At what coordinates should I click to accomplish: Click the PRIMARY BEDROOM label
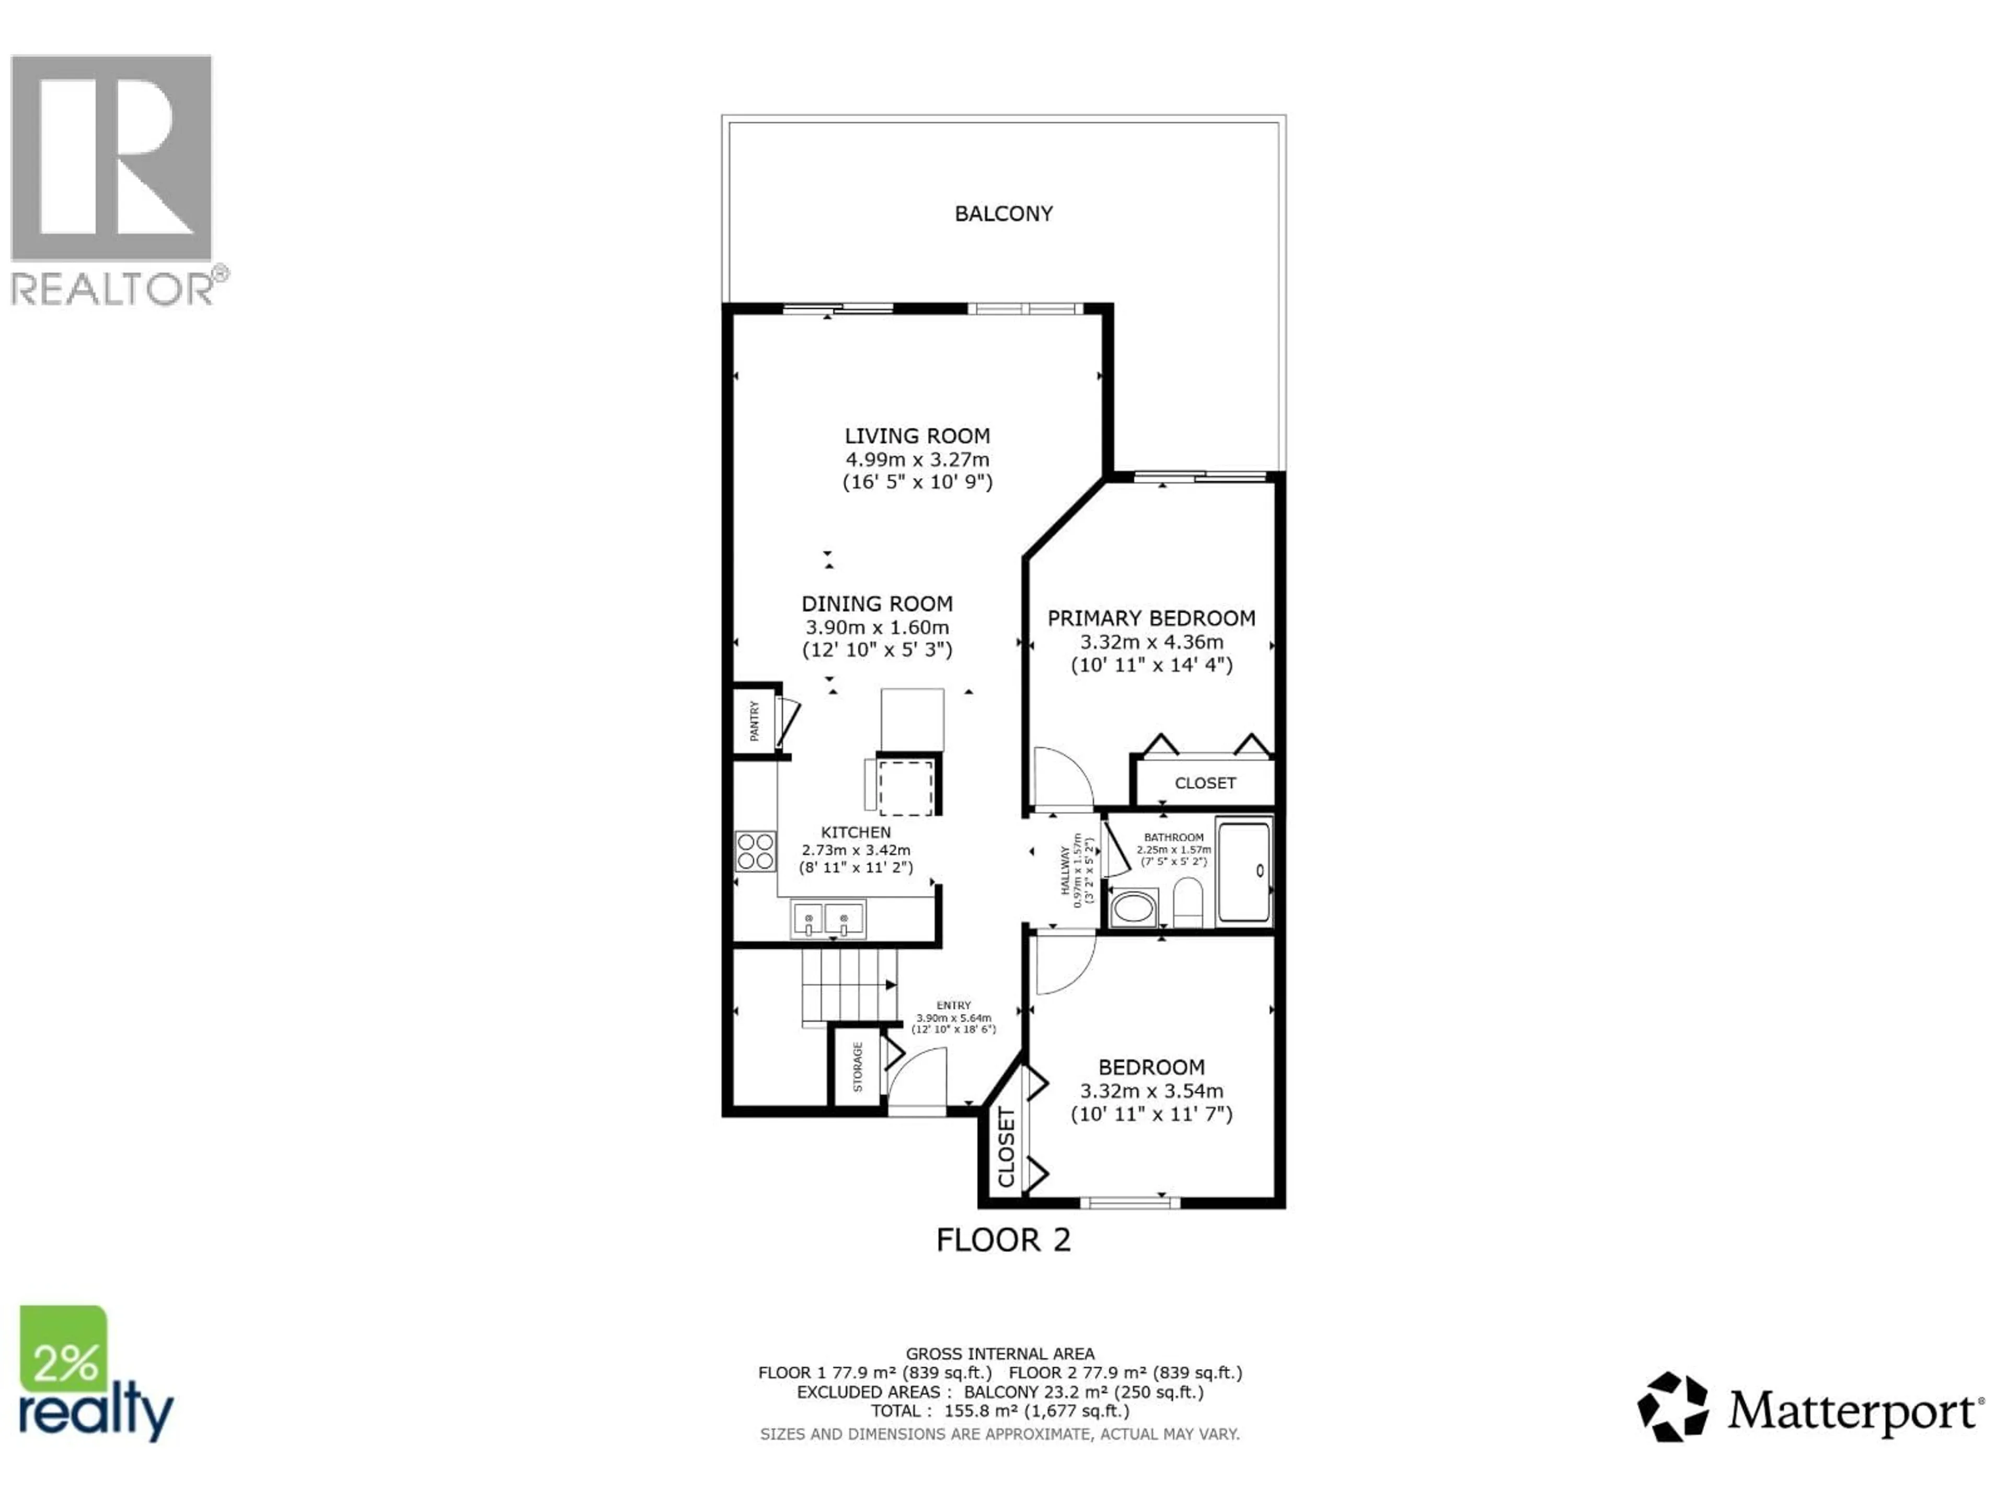pos(1151,618)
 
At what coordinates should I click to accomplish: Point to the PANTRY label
pos(754,720)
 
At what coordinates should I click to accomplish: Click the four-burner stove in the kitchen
pos(755,851)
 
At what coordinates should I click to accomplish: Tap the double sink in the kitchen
pos(827,920)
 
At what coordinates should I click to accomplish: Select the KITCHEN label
pos(856,831)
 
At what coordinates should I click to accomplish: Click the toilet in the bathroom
pos(1187,903)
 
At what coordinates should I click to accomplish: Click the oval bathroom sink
pos(1133,907)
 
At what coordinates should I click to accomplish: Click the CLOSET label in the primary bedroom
pos(1205,782)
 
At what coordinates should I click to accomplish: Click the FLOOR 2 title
pos(1004,1240)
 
